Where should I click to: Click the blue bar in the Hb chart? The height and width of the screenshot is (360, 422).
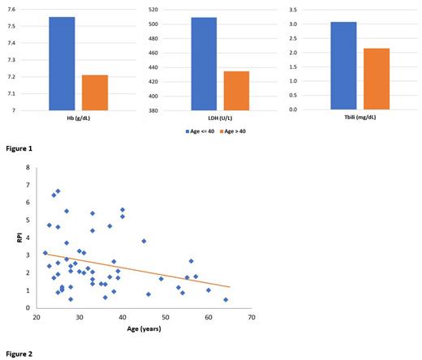62,63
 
